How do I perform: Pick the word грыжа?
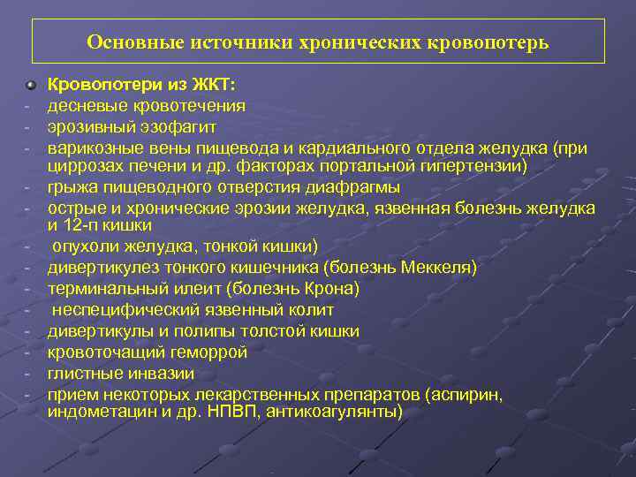[72, 186]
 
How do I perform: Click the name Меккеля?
[441, 267]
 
